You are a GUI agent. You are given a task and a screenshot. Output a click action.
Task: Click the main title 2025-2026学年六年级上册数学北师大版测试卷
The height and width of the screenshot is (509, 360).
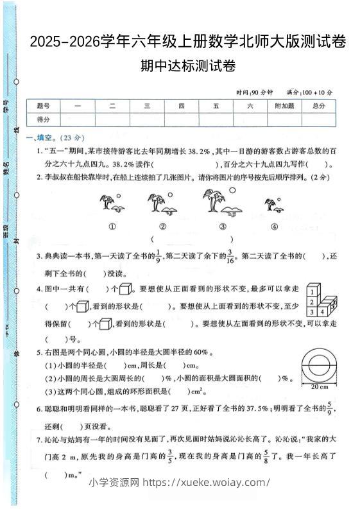[x=187, y=42]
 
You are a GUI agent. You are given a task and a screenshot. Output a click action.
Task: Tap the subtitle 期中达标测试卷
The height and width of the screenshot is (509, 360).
[x=187, y=65]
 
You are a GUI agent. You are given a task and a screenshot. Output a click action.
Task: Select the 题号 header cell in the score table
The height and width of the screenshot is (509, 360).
[x=44, y=106]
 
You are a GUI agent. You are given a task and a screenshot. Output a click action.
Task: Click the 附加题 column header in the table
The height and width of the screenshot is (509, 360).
[x=284, y=106]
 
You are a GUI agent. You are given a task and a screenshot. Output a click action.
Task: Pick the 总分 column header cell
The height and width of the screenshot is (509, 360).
[x=319, y=106]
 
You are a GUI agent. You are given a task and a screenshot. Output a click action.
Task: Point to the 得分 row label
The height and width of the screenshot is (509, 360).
[x=44, y=119]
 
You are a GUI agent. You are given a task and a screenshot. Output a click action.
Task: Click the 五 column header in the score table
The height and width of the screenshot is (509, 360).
[x=216, y=106]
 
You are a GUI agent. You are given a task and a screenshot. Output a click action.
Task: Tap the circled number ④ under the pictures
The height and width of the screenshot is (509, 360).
[x=274, y=226]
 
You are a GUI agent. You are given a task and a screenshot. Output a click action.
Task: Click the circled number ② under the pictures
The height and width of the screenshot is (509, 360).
[x=163, y=226]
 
